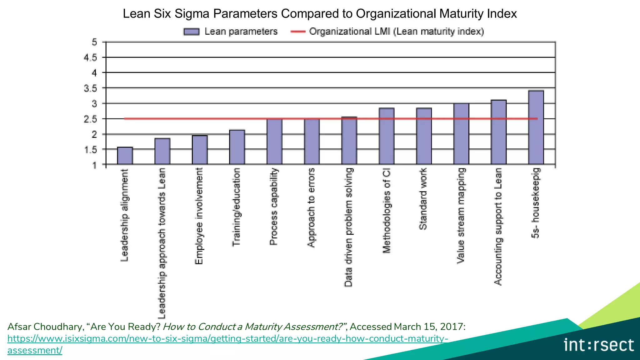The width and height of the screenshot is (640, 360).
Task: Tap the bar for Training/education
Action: pos(237,147)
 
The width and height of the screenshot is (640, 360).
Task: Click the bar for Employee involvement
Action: pos(200,150)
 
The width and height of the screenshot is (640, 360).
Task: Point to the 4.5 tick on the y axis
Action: pos(90,57)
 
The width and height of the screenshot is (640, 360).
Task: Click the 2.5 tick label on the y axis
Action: pos(90,119)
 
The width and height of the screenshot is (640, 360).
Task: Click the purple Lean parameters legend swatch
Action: pos(191,32)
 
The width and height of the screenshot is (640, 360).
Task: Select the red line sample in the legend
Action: pos(298,32)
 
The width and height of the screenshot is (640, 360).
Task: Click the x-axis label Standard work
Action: pos(423,199)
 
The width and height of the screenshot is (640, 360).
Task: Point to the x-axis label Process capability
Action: pos(273,207)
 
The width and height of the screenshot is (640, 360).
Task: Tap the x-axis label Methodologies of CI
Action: pos(386,210)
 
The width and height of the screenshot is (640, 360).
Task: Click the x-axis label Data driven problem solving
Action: pos(348,227)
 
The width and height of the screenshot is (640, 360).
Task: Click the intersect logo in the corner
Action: pos(598,345)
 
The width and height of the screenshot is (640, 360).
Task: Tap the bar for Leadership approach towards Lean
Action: pos(162,151)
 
